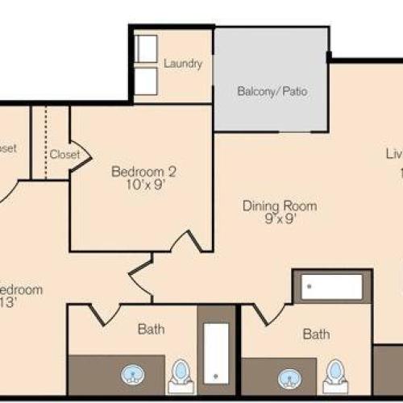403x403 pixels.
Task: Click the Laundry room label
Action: click(x=182, y=64)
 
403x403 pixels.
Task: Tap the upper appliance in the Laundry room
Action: click(x=147, y=50)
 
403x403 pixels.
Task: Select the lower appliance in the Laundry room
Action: click(x=147, y=81)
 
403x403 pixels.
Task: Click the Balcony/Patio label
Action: click(x=272, y=91)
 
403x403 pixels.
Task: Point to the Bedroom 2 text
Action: click(x=143, y=172)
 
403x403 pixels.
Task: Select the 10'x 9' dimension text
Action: click(x=143, y=185)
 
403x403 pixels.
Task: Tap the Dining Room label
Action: click(x=280, y=206)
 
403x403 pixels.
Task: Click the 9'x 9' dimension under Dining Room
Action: click(x=280, y=219)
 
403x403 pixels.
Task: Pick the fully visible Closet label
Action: click(x=64, y=154)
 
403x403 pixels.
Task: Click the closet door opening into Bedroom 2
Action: click(x=79, y=152)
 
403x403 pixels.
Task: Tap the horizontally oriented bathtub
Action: click(x=331, y=287)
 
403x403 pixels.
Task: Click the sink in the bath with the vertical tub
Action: click(x=132, y=375)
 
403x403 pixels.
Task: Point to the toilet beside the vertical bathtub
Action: click(x=181, y=372)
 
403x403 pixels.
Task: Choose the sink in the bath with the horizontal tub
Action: click(x=289, y=376)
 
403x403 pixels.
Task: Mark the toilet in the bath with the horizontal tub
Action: click(x=335, y=374)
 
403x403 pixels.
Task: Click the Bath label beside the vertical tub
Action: click(x=151, y=329)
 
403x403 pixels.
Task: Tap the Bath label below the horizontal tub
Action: click(x=316, y=334)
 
